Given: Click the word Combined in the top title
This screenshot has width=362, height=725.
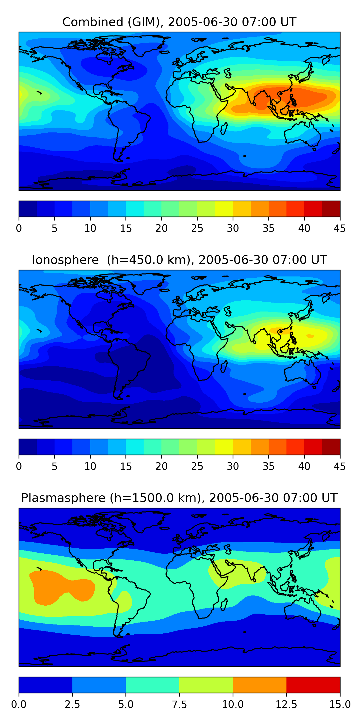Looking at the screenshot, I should coord(93,22).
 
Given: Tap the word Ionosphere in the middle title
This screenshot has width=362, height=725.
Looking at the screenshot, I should coord(65,260).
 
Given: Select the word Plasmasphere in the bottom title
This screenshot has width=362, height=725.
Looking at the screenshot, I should coord(63,498).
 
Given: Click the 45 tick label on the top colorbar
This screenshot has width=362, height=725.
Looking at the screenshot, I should coord(340,228).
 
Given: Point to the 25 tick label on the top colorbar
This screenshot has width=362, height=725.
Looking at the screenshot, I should coord(197,228).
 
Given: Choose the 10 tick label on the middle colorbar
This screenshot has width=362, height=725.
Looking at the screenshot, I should coord(90,466).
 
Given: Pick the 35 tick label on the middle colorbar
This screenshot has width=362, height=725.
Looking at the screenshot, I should coord(268,466).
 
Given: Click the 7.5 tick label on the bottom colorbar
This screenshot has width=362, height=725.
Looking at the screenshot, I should coord(179,704).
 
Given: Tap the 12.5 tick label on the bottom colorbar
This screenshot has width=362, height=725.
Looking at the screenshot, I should coord(286,704).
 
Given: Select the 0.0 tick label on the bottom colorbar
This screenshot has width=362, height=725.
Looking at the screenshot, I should coord(19,704).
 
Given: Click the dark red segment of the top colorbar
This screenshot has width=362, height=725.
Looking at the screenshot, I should coord(331,209).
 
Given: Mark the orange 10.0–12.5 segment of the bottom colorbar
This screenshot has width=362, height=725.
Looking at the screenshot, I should coord(259,685).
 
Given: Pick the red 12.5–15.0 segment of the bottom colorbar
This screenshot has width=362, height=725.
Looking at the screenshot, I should coord(313,685).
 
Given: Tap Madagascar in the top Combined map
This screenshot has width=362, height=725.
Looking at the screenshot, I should coord(224,128).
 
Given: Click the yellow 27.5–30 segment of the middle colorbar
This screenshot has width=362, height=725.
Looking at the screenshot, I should coord(224,447).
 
